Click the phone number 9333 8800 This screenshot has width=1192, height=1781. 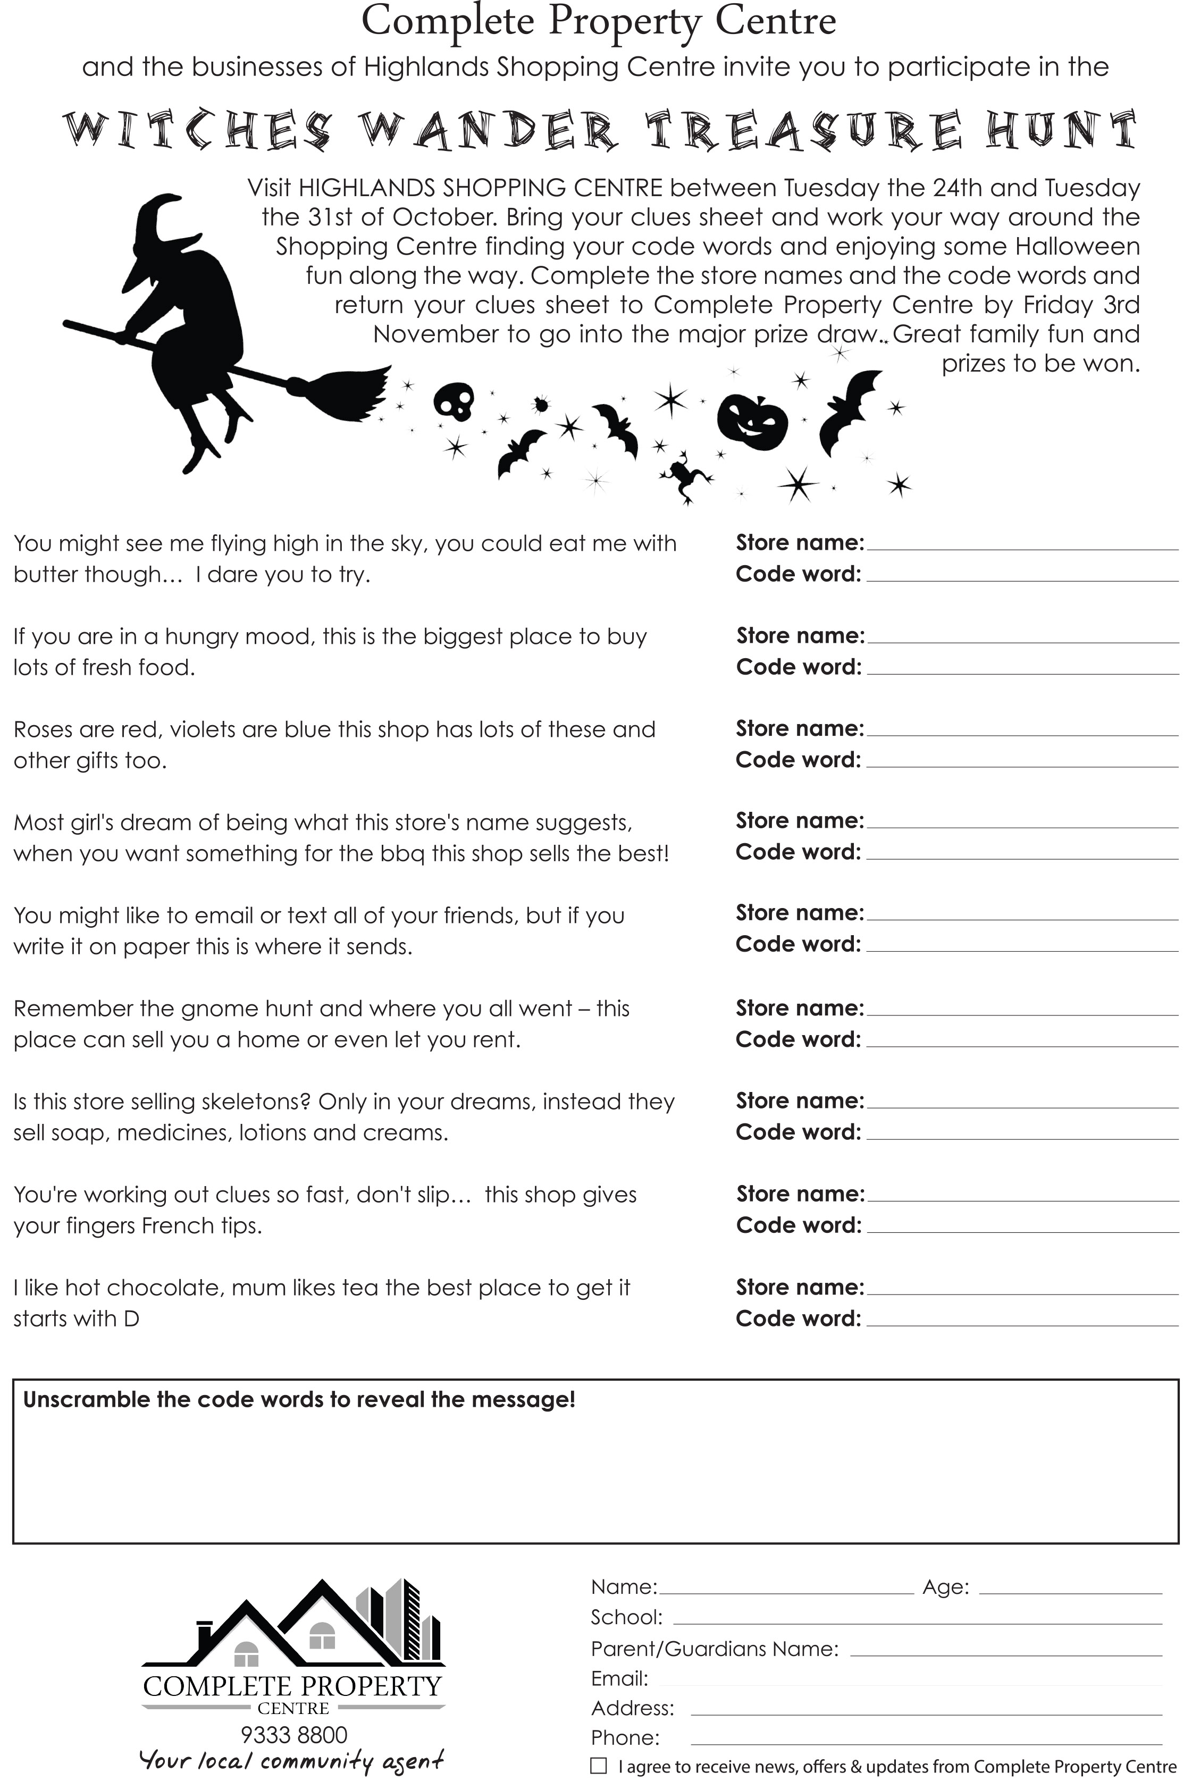tap(293, 1735)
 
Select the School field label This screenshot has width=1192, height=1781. tap(626, 1617)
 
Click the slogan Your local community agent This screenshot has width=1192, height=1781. tap(292, 1760)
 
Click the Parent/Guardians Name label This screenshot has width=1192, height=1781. tap(714, 1648)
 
